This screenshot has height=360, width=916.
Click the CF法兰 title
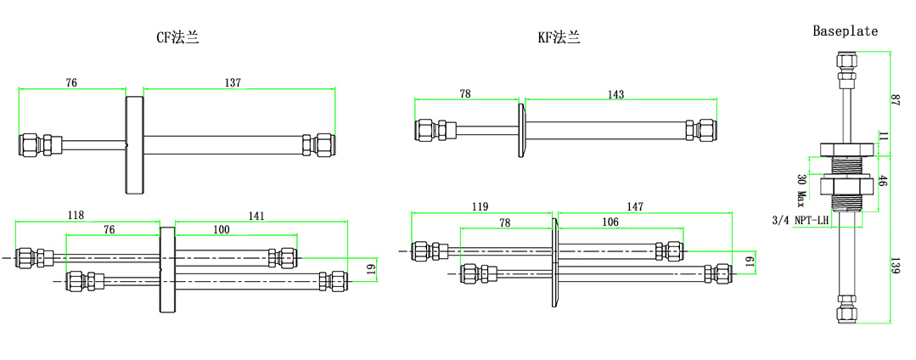(177, 37)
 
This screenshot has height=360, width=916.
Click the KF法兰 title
(559, 37)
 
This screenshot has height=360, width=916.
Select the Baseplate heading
(845, 31)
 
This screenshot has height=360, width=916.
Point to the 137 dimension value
(233, 83)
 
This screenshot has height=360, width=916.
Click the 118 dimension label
(76, 216)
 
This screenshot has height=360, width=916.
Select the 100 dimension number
(221, 229)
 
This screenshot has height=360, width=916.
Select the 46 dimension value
(883, 181)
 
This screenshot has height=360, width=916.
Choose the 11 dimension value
(883, 137)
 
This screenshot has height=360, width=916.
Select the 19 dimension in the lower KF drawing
(749, 262)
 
